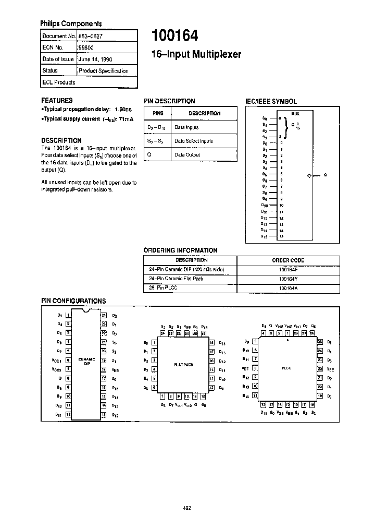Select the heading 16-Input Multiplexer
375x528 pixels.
(x=196, y=54)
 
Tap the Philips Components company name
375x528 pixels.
(x=71, y=23)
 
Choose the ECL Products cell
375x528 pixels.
(x=59, y=82)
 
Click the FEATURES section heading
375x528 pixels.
(x=57, y=100)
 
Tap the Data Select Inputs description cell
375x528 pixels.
(x=194, y=141)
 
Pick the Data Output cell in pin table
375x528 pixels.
(x=187, y=154)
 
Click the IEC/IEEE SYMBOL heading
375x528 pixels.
(x=271, y=101)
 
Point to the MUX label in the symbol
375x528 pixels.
(x=295, y=113)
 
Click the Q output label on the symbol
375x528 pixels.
(x=326, y=176)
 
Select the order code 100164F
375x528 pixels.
(x=288, y=269)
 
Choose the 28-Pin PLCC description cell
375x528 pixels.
(x=163, y=288)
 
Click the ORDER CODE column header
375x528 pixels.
(x=288, y=260)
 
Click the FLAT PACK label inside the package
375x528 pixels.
(x=183, y=365)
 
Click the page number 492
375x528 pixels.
(x=187, y=507)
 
